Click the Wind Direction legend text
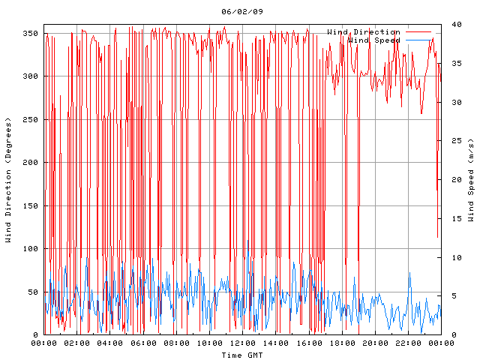[364, 31]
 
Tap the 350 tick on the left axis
[30, 34]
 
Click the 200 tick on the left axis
[30, 163]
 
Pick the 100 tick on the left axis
[30, 249]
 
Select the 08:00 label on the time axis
[176, 343]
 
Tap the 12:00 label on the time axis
[242, 343]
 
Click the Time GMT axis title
[241, 355]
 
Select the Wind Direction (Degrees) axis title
[8, 180]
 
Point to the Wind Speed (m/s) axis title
[471, 180]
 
